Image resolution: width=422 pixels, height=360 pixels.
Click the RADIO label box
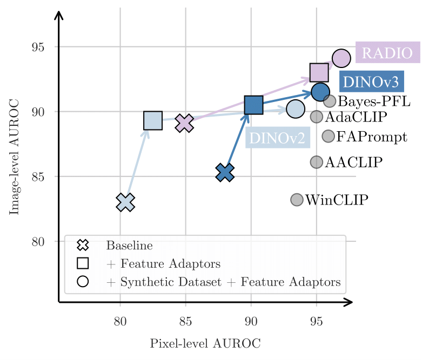387,53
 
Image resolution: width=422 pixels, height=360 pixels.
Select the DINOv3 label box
371,82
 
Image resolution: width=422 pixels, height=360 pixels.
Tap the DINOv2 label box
278,138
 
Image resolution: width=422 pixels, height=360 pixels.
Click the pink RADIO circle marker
341,58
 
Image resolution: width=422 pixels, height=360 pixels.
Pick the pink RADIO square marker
319,72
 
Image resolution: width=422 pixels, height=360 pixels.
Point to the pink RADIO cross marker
185,123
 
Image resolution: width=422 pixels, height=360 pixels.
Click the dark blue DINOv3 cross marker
225,172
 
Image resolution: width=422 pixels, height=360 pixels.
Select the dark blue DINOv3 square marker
253,105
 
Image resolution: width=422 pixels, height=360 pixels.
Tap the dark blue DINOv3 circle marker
320,92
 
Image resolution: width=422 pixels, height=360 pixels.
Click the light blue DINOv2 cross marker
125,202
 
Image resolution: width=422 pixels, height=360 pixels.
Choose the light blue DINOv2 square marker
153,121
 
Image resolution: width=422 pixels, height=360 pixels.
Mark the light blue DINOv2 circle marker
295,109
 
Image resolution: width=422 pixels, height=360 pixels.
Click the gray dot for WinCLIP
297,200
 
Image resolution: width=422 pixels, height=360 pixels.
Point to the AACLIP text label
353,162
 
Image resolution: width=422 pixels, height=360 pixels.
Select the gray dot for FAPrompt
328,136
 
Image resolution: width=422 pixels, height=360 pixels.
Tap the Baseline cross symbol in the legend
83,246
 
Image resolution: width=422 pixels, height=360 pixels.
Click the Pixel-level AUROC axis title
205,343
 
